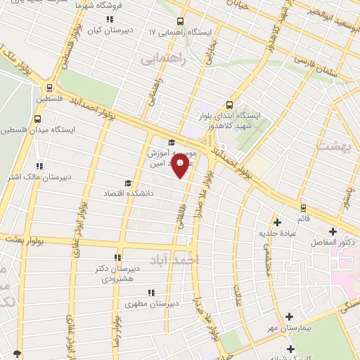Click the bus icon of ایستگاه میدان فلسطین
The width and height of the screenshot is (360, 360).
point(37,120)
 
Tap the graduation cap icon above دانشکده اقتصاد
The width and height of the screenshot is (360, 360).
point(127,182)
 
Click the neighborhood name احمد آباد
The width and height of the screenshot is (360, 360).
point(195,259)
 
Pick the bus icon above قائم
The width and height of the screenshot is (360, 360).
point(303,208)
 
